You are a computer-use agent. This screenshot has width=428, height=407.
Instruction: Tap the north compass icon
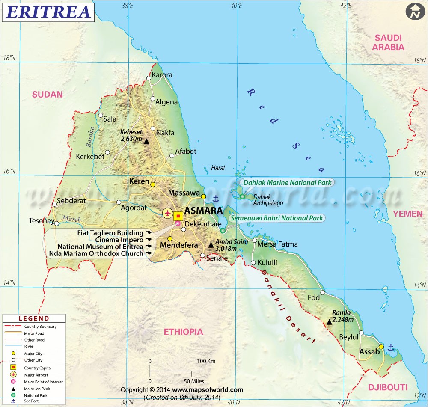pos(414,12)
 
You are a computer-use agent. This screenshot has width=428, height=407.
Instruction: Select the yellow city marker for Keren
pos(153,184)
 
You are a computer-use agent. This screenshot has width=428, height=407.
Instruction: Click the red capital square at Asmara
pos(178,216)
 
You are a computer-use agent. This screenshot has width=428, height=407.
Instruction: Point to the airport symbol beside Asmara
pos(167,213)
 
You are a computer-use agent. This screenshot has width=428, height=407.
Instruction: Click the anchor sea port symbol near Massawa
pos(216,198)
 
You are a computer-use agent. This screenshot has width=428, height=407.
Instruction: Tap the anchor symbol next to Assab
pos(390,348)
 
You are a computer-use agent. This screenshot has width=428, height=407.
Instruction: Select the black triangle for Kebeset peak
pos(146,142)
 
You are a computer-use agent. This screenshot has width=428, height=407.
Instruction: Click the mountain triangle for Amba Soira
pos(211,245)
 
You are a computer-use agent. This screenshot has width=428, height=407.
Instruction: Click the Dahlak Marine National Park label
pos(288,183)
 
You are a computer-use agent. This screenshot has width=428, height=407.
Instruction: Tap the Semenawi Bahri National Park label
pos(277,218)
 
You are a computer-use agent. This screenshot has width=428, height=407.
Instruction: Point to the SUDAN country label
pos(48,95)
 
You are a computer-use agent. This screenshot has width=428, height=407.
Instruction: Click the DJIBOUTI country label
pos(387,387)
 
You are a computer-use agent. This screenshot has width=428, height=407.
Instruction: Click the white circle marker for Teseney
pos(56,223)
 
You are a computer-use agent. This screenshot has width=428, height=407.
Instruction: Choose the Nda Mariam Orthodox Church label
pos(96,253)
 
